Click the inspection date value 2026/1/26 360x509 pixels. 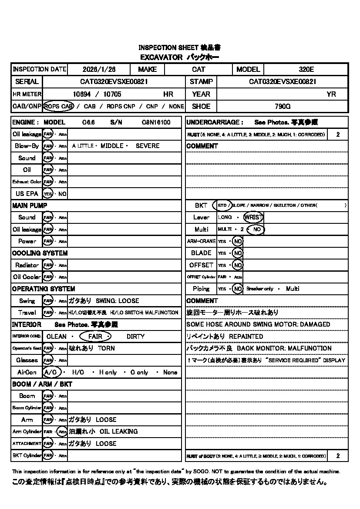tap(98, 69)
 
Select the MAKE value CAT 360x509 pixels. tap(199, 69)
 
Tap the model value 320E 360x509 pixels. tap(306, 69)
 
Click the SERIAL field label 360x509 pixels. tap(27, 81)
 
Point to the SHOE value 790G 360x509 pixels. tap(283, 106)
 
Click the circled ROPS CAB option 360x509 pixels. tap(58, 106)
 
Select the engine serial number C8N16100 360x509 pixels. tap(156, 122)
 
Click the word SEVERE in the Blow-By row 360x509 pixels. tap(148, 146)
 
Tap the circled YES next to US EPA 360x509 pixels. tap(47, 194)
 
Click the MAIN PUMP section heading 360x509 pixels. tap(30, 206)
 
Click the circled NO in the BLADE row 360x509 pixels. tap(237, 253)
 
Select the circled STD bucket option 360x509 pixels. tap(222, 205)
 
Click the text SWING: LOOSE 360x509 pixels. tap(118, 301)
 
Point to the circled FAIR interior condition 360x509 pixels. tap(95, 337)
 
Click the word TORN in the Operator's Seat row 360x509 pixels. tap(106, 348)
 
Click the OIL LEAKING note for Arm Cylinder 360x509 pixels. tap(118, 431)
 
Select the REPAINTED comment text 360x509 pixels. tap(246, 337)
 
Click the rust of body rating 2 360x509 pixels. tap(338, 456)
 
